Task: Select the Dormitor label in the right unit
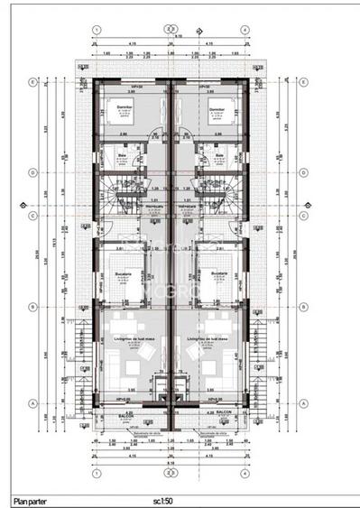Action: (216, 106)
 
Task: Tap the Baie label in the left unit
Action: (121, 154)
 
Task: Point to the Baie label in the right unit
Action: (220, 154)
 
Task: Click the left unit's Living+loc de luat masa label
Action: (128, 339)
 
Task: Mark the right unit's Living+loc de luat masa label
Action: (212, 339)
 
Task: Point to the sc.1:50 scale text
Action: (163, 498)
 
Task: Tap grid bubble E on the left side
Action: (33, 82)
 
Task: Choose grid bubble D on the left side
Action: (33, 171)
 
